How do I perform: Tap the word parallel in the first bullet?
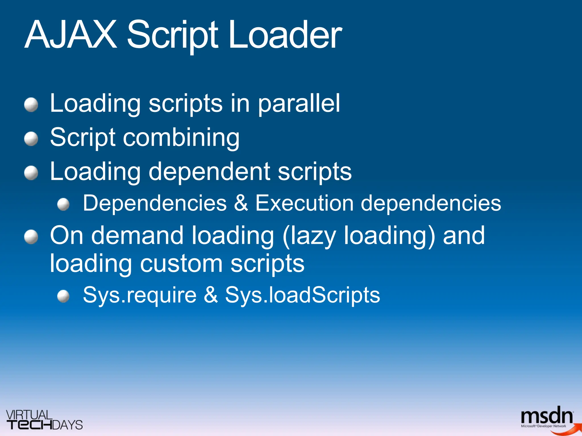(x=299, y=104)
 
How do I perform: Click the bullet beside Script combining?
(x=31, y=139)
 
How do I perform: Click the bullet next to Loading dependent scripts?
(x=31, y=173)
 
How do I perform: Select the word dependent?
(x=209, y=171)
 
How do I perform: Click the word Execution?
(x=304, y=203)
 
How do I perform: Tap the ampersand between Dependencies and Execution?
(x=241, y=203)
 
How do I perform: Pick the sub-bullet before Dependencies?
(x=63, y=204)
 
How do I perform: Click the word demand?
(x=137, y=236)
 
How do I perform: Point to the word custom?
(x=181, y=263)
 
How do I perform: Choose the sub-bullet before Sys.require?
(x=63, y=296)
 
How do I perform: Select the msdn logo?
(x=547, y=418)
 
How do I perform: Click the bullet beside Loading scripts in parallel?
(x=31, y=105)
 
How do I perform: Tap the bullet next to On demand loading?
(x=31, y=237)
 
